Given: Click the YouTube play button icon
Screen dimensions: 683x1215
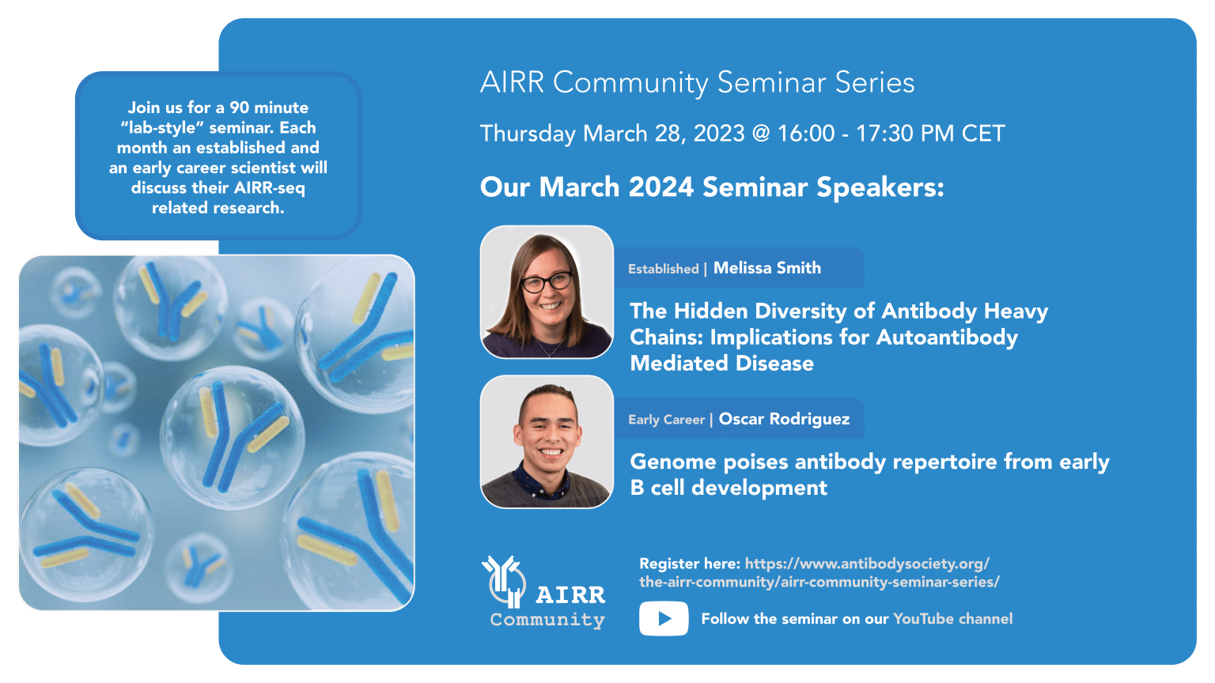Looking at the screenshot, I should [664, 619].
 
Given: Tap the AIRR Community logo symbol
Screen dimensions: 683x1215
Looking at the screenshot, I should [504, 581].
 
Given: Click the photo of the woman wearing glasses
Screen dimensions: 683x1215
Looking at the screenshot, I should [547, 292].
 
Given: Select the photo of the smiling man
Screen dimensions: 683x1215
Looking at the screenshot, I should [547, 441].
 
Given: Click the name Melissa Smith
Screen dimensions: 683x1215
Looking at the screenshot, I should [766, 268].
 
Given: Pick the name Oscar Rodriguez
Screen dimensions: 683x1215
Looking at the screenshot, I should [784, 419].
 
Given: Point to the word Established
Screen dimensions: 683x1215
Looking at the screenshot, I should [663, 269].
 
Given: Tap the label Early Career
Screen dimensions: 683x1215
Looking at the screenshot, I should [666, 420].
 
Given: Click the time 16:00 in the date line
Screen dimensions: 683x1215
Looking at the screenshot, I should [805, 134].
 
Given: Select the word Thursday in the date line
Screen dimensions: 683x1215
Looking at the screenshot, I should [528, 134].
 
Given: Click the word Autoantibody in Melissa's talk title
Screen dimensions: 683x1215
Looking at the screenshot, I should [947, 338].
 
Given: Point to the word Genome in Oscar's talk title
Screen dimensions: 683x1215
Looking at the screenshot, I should [673, 462].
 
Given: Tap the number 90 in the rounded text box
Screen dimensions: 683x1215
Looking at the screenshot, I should [240, 108].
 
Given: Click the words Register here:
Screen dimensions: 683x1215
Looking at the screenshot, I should [689, 564].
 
